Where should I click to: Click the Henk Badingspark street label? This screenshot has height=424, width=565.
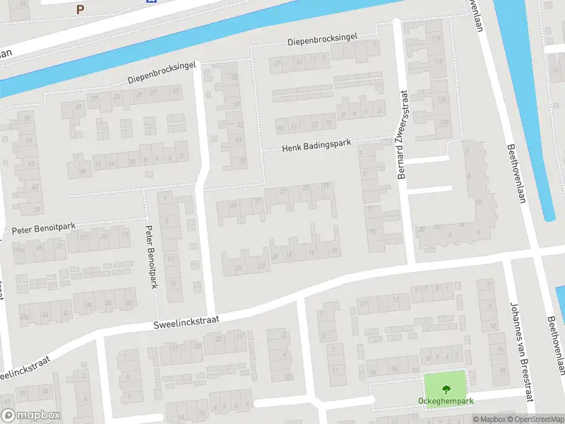(x=316, y=146)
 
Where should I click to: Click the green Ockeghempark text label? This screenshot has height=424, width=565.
(x=445, y=401)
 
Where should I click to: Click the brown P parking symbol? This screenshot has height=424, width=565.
(x=80, y=10)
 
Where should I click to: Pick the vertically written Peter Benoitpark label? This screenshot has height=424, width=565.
(x=150, y=256)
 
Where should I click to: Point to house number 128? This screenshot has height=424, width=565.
(x=444, y=122)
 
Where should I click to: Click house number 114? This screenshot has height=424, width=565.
(x=437, y=37)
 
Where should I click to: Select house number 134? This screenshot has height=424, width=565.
(x=443, y=99)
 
